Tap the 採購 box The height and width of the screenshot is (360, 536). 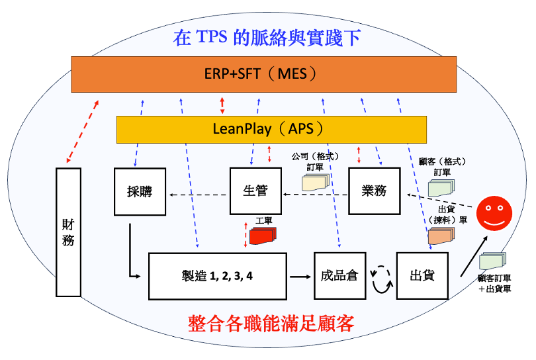click(139, 191)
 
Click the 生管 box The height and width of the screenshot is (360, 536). click(255, 191)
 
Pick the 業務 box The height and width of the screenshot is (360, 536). click(375, 191)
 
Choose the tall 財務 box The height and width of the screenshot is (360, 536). click(68, 231)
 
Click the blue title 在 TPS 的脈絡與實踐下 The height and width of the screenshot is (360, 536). click(267, 37)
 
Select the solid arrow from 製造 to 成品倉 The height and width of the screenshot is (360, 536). click(301, 275)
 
